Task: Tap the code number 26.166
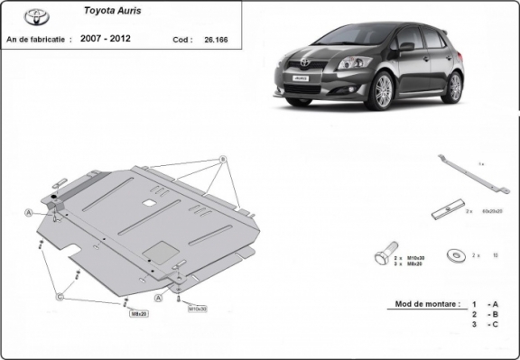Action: coord(217,40)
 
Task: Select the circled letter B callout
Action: coord(222,160)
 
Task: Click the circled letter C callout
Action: coord(60,295)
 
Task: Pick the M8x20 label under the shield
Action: coord(139,314)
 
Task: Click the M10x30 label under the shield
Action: coord(197,309)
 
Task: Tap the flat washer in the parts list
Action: coord(453,255)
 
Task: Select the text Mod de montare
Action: coord(422,304)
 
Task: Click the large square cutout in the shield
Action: coord(160,253)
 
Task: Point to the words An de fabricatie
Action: coord(38,40)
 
